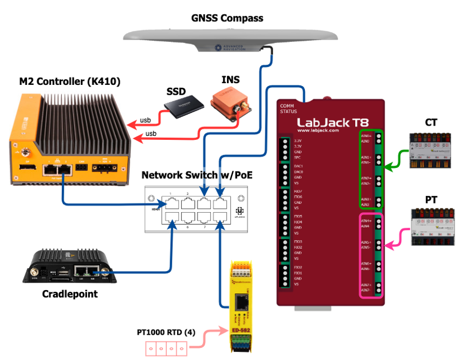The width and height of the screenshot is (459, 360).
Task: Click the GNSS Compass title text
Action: [227, 18]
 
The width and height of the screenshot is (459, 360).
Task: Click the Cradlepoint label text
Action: [70, 294]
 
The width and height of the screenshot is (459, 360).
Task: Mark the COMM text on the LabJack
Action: [287, 105]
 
